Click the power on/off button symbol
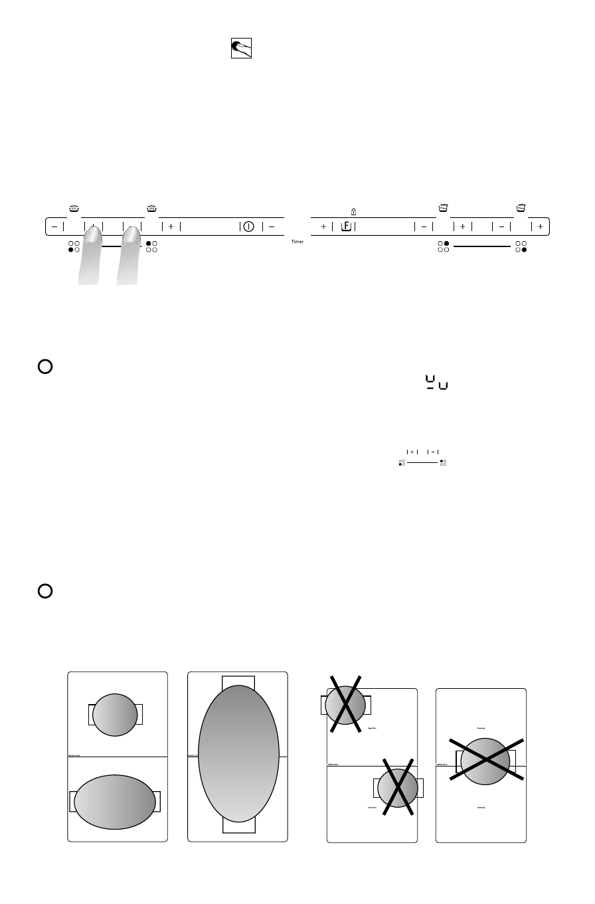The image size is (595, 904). point(248,226)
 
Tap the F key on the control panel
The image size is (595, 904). point(346,226)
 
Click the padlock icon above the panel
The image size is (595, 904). point(354,212)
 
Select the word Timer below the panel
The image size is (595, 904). point(297,242)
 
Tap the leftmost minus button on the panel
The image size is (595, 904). point(54,226)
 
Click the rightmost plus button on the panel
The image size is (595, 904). point(540,226)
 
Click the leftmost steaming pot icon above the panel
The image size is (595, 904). point(74,209)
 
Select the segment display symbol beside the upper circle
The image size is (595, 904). point(436,383)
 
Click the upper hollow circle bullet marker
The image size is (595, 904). point(45,367)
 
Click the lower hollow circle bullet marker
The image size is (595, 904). point(45,590)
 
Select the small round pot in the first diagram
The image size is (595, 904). point(114,715)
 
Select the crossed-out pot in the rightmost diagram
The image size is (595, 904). point(485,759)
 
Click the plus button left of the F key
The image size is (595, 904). point(323,226)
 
